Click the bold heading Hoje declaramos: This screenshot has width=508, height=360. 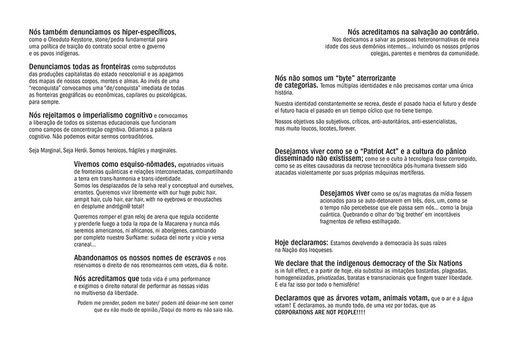point(301,243)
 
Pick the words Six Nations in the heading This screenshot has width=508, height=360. point(437,263)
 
